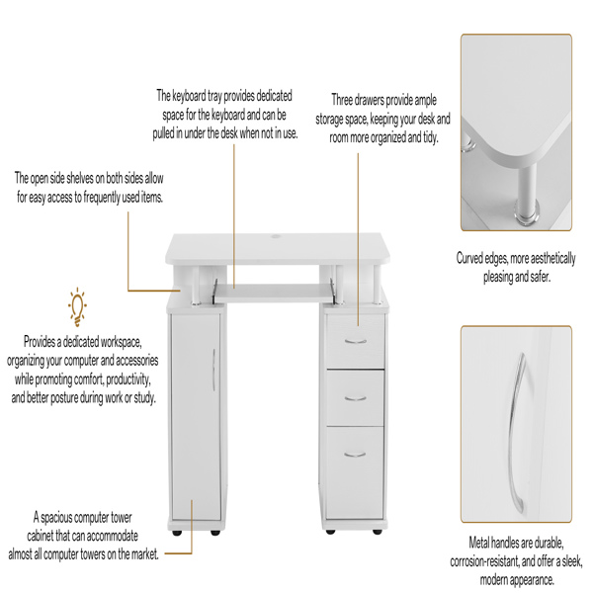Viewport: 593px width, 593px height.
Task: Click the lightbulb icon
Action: click(77, 306)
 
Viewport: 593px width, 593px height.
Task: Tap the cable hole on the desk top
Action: click(276, 237)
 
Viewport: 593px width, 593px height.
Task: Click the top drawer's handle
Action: click(356, 342)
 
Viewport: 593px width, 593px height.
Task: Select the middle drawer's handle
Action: click(356, 398)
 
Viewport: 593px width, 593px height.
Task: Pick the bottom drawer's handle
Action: click(355, 454)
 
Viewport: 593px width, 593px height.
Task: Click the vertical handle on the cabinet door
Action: click(213, 370)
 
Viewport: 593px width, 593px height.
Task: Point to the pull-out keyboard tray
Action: click(274, 294)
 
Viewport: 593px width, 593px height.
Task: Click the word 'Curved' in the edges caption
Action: click(469, 258)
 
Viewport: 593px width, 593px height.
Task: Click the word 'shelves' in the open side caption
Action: click(81, 178)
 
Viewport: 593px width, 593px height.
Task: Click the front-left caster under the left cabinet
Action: click(176, 533)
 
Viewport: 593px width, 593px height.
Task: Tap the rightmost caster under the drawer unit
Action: click(378, 532)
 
